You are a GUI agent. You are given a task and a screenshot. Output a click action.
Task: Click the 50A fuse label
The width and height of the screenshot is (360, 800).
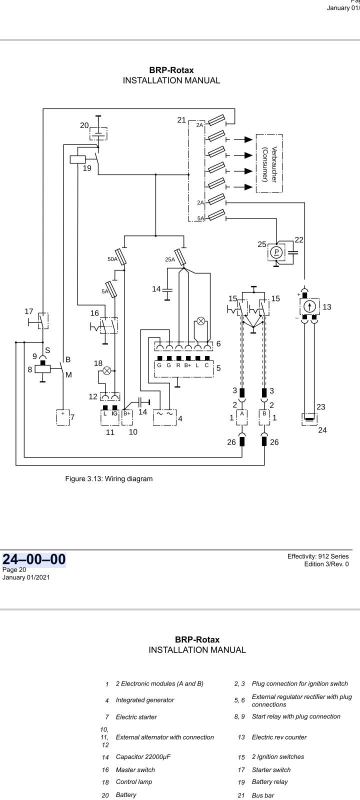[x=112, y=259]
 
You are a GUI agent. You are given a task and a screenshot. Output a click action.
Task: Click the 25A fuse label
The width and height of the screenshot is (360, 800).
[x=170, y=259]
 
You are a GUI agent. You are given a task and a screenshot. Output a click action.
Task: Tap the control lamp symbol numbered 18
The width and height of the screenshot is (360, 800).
[x=106, y=371]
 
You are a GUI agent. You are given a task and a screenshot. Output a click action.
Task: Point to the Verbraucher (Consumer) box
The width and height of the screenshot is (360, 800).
[x=269, y=163]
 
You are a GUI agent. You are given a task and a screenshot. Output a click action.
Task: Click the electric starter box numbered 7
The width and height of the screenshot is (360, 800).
[x=63, y=417]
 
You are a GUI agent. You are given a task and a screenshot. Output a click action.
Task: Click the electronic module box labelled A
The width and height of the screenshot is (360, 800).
[x=242, y=416]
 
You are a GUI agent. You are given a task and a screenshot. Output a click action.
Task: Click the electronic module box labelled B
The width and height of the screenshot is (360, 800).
[x=264, y=416]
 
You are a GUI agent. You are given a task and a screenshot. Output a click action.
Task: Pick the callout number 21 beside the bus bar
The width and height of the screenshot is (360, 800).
[x=181, y=120]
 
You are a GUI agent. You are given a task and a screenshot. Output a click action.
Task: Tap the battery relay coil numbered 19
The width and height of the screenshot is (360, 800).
[x=78, y=159]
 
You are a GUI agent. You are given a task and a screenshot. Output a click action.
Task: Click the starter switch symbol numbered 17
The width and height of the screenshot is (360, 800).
[x=43, y=320]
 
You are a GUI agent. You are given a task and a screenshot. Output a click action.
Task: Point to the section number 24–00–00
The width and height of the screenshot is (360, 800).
[x=34, y=559]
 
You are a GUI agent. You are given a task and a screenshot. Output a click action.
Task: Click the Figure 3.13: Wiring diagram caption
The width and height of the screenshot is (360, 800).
[x=109, y=478]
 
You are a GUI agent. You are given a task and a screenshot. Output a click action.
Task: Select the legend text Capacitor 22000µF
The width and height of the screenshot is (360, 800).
[x=143, y=756]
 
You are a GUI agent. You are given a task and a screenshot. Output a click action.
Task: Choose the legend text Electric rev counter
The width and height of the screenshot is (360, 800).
[x=279, y=737]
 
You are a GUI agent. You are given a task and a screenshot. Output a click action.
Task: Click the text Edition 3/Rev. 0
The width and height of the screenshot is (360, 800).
[x=326, y=564]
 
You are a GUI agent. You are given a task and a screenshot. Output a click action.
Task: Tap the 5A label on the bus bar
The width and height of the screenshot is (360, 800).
[x=200, y=218]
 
